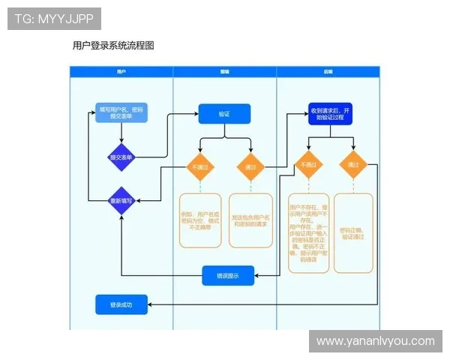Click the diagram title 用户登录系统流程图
pos(113,46)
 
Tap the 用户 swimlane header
pos(121,71)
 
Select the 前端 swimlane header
pos(224,71)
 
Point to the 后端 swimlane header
pos(328,71)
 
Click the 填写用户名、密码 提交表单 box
pos(121,113)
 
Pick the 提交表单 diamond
pos(121,157)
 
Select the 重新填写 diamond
pos(121,200)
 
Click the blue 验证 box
pos(224,114)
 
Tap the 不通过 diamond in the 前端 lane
pos(199,166)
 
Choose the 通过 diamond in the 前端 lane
pos(250,166)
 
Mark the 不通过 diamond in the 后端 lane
pos(308,164)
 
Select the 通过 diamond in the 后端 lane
pos(352,164)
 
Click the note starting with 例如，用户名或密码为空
pos(199,220)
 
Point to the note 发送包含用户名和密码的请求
pos(250,220)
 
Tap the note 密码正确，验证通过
pos(352,232)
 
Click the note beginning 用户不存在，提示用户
pos(308,232)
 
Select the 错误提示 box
pos(228,275)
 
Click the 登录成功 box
pos(121,304)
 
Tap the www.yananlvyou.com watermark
pos(375,341)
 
